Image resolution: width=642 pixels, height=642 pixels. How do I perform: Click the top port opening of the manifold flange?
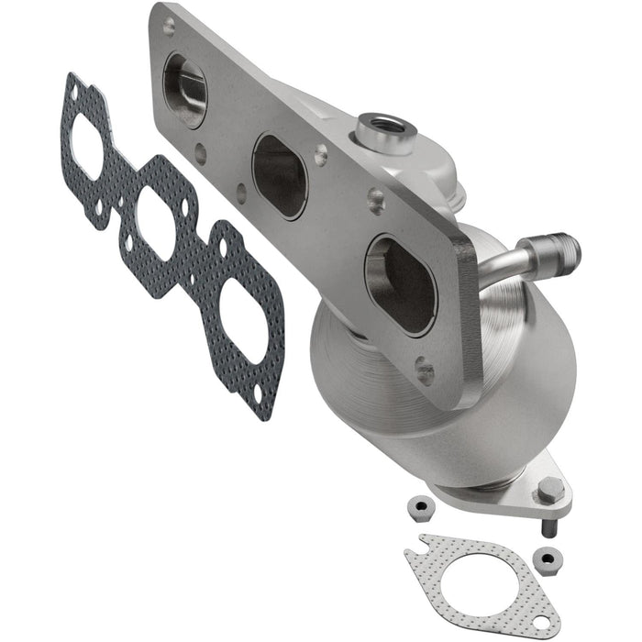click(x=185, y=90)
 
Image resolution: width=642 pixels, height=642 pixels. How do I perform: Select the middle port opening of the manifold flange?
click(x=280, y=176)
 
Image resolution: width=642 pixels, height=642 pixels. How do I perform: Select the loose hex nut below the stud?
click(x=548, y=557)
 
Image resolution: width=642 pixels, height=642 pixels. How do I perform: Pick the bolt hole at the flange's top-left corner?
click(x=168, y=28)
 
